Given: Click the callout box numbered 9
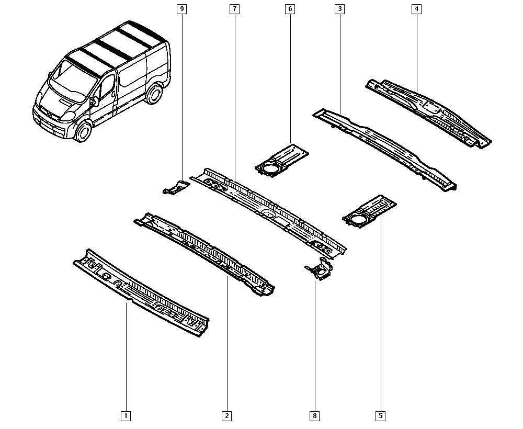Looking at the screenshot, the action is point(182,9).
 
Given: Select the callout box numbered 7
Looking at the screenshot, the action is point(234,9).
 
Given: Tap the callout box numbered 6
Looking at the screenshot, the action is point(290,9).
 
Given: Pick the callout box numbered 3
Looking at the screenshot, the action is point(339,9).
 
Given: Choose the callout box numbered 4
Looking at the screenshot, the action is point(416,9).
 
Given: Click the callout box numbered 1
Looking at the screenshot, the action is point(126,415).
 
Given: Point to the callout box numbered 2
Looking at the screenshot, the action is point(227,415).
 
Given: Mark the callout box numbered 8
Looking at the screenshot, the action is point(314,415).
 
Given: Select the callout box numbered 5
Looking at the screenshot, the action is point(381,415).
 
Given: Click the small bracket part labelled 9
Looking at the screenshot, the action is point(176,187).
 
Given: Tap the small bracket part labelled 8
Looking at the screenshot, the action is point(320,269).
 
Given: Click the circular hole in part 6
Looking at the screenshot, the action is point(269,168).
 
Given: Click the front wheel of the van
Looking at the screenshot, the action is point(83,131).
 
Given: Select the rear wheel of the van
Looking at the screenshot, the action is point(154,94).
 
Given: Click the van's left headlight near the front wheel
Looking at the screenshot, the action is point(68,116).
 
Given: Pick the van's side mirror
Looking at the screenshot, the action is point(94,101).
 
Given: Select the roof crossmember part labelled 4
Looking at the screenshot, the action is point(429,114).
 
